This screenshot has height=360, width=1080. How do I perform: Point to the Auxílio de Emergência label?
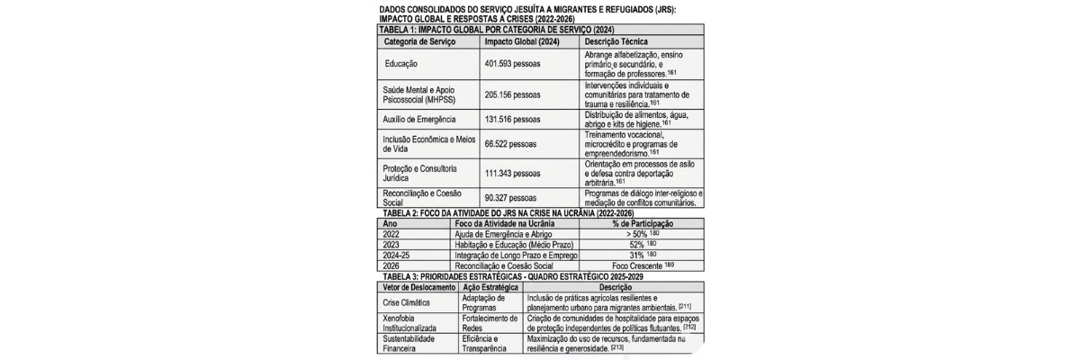(420, 119)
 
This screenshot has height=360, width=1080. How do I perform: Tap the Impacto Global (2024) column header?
(522, 41)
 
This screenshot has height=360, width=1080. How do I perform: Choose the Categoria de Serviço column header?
(419, 41)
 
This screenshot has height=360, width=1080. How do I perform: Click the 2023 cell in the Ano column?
(392, 244)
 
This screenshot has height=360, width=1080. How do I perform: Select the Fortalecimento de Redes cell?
(489, 323)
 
